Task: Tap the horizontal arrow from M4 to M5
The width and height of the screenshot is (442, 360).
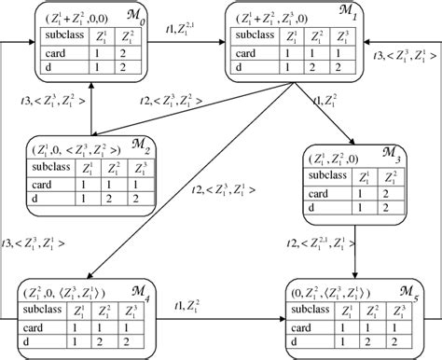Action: pyautogui.click(x=218, y=321)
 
